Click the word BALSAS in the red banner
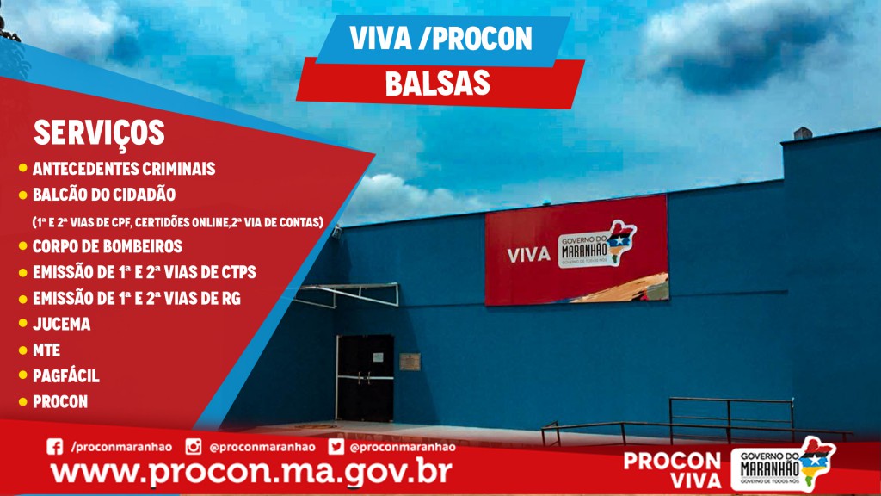(438, 84)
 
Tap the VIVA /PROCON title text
(440, 38)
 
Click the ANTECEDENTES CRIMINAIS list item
(124, 168)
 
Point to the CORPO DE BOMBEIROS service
(108, 246)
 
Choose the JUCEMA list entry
(61, 324)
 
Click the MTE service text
(46, 350)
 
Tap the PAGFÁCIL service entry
(65, 375)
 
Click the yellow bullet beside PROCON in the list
(23, 401)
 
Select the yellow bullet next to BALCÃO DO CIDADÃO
(23, 195)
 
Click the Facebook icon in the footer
(54, 447)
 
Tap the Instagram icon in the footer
(194, 447)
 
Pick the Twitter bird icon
(336, 447)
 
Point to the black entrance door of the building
(365, 378)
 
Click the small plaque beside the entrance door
(410, 362)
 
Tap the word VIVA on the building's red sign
(528, 255)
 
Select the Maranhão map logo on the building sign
(597, 245)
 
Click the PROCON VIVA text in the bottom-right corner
(672, 470)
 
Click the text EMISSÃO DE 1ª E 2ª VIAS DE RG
(137, 298)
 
